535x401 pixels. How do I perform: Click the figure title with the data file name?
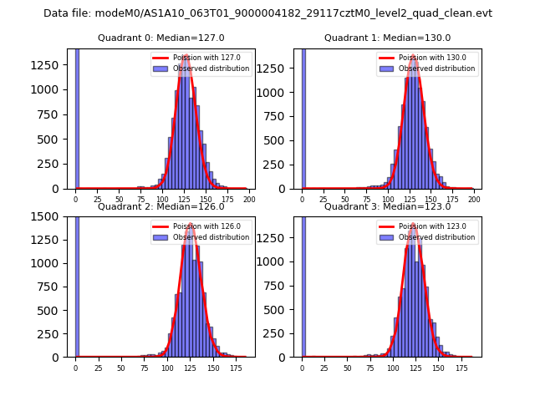[x=267, y=13]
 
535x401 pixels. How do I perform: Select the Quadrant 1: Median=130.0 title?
[x=387, y=38]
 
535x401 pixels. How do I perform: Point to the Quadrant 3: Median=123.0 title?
[x=387, y=206]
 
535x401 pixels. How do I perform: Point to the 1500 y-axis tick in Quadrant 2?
[x=52, y=216]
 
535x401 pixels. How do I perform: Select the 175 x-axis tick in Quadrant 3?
[x=461, y=368]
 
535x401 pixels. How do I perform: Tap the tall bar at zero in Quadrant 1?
[x=303, y=117]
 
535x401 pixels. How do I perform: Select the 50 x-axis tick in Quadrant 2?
[x=121, y=368]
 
